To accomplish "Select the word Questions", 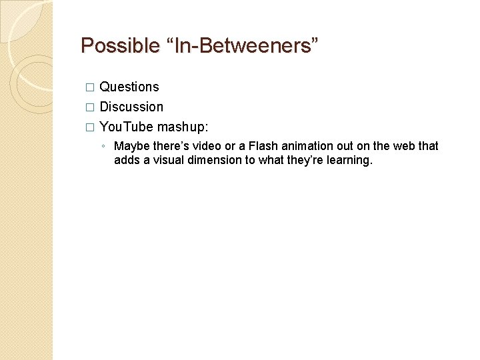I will (x=129, y=87).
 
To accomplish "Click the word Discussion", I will (x=131, y=107).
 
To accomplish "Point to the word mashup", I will (x=183, y=127).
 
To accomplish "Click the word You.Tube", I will (x=127, y=127).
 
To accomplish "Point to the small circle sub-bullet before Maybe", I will (x=103, y=147).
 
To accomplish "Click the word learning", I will (x=347, y=161).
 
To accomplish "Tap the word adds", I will (x=127, y=160).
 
